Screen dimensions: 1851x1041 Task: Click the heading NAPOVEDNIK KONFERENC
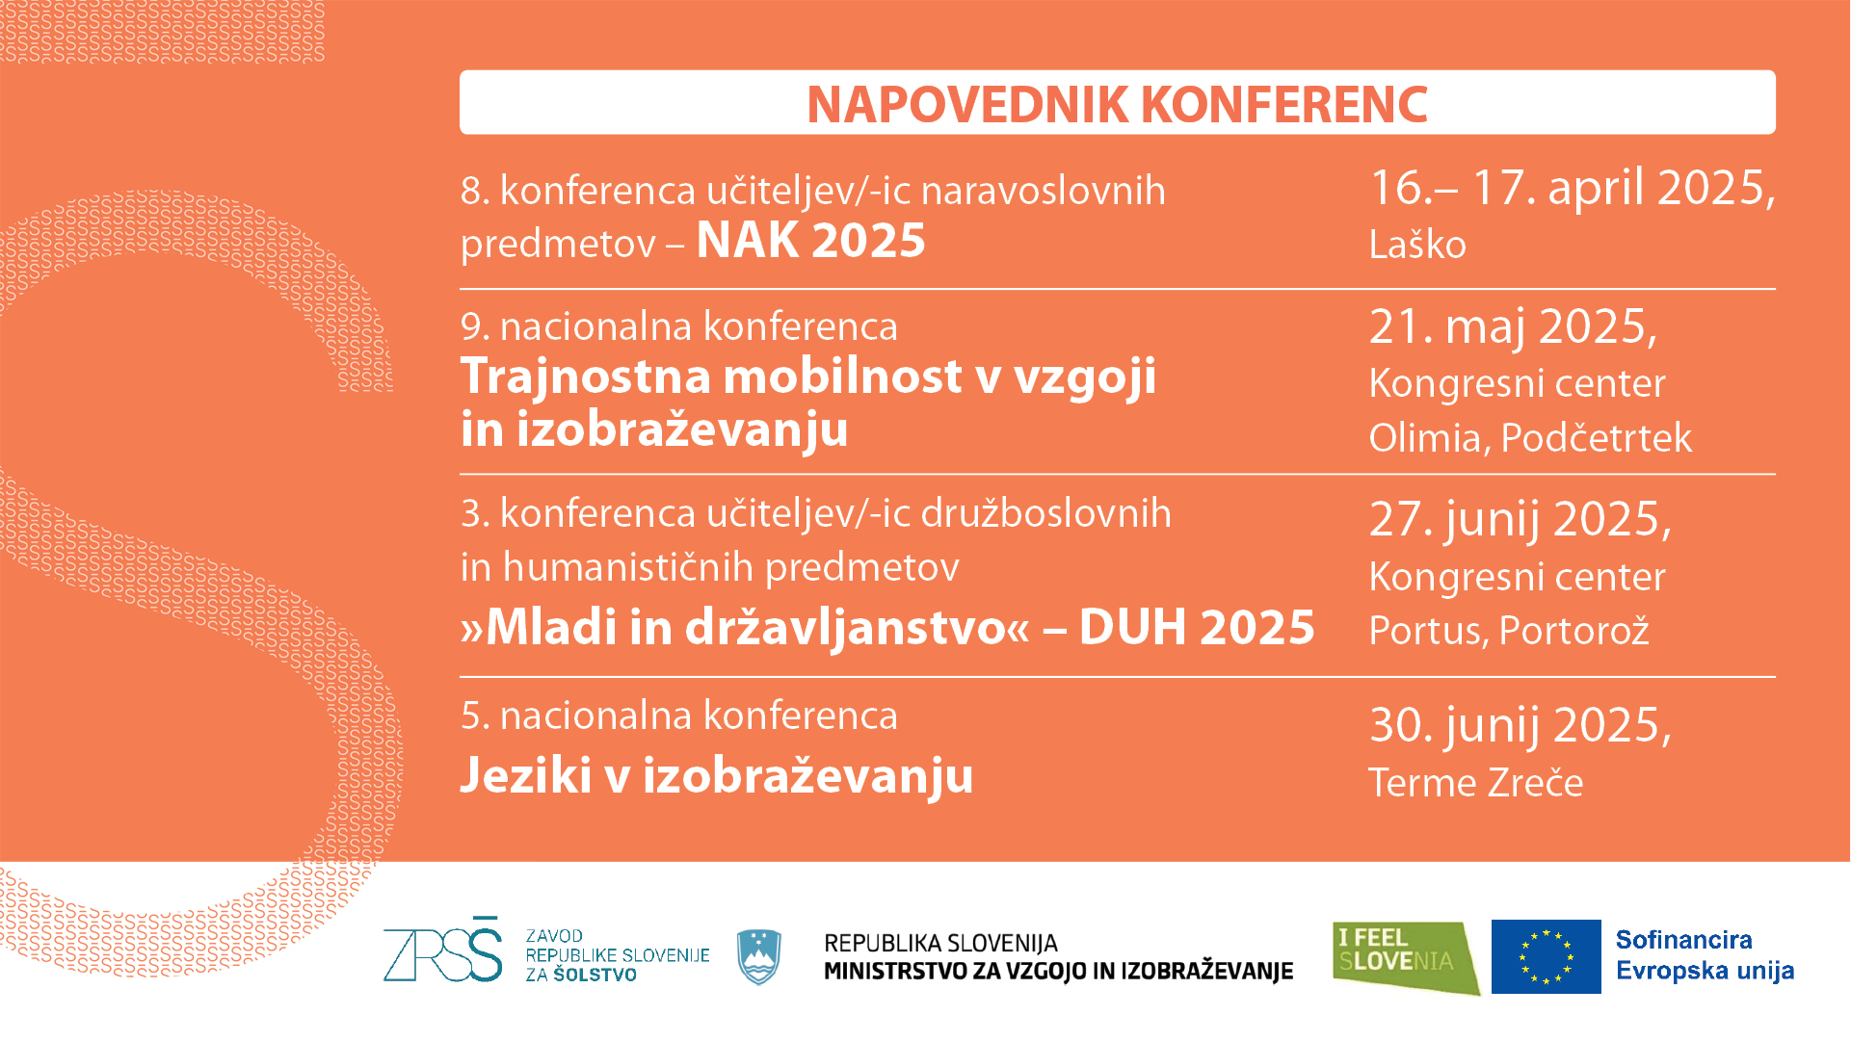coord(1117,104)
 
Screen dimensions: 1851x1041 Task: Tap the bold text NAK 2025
coord(810,240)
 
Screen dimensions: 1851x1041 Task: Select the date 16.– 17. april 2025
coord(1573,187)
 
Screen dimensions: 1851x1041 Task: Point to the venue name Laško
coord(1417,245)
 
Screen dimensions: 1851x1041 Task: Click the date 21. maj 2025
coord(1513,327)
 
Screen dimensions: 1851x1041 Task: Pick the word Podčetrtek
coord(1596,438)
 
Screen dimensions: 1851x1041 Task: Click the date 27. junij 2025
coord(1520,520)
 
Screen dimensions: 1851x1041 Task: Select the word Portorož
coord(1574,631)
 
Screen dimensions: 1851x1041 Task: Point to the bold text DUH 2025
coord(1197,627)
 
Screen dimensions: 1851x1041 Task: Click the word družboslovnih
coord(1046,513)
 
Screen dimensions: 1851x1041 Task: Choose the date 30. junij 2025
coord(1520,726)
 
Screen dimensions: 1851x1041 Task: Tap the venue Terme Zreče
coord(1476,783)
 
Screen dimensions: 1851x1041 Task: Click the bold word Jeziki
coord(526,775)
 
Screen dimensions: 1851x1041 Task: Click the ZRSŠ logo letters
coord(443,950)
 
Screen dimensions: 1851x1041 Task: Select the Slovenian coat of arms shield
coord(758,956)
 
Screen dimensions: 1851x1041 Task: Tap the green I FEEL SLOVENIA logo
coord(1406,958)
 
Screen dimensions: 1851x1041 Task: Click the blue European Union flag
coord(1546,956)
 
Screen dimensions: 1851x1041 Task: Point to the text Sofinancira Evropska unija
coord(1705,955)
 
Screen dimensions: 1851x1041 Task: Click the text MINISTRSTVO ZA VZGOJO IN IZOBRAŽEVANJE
coord(1058,971)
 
